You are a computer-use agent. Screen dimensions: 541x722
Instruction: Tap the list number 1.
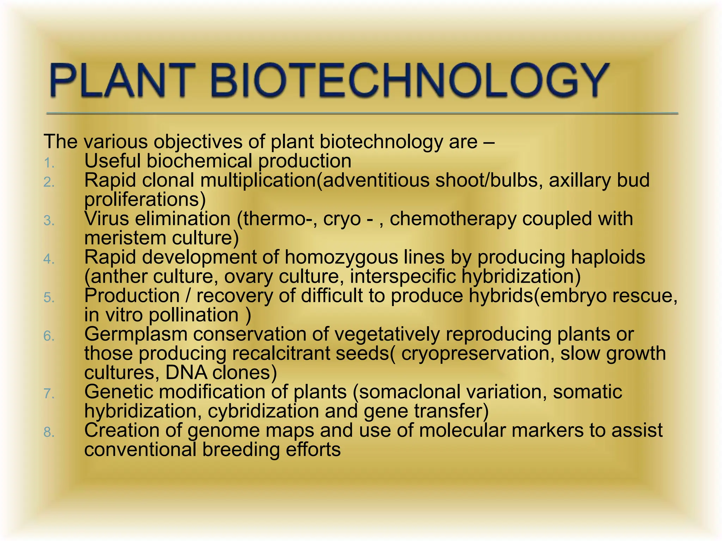(x=49, y=163)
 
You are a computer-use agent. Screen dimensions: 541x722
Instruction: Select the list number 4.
(x=49, y=259)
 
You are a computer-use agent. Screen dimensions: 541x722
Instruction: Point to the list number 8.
(x=49, y=432)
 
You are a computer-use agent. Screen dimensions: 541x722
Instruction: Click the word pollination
(x=194, y=315)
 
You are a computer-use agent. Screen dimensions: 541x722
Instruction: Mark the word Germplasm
(x=136, y=334)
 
